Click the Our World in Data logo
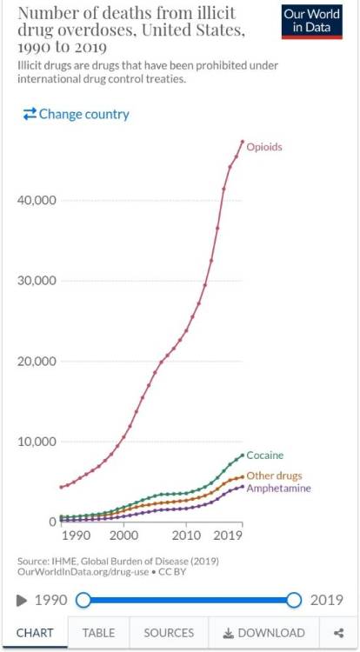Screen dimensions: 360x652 [312, 22]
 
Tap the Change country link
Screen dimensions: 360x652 [76, 114]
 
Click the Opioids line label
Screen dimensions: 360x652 [264, 147]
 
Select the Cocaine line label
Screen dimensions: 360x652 [265, 456]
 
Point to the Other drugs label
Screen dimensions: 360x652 [275, 476]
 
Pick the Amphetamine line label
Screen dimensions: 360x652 [278, 488]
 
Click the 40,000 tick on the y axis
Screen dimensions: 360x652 [37, 200]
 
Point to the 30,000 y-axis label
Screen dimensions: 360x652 [37, 281]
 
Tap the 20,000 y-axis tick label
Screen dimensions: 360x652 [37, 361]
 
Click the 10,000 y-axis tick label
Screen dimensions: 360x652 [37, 441]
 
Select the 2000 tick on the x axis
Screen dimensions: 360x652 [123, 536]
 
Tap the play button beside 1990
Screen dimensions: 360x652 [22, 601]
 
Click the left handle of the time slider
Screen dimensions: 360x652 [83, 601]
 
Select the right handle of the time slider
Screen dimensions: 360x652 [294, 601]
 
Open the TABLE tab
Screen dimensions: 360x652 [98, 633]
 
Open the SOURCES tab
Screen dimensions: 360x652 [169, 633]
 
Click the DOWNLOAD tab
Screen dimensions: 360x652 [264, 633]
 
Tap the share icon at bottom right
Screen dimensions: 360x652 [339, 633]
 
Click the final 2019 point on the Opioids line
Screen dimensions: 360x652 [243, 142]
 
